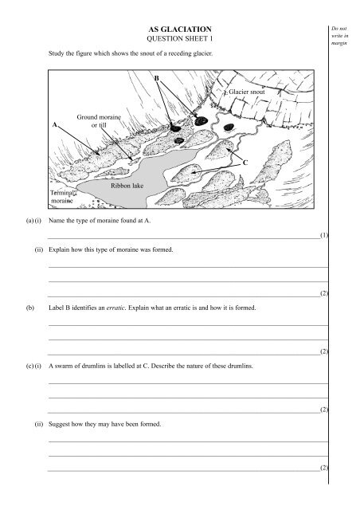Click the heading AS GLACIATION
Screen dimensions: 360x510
(180, 29)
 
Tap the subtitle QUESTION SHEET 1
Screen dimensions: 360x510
(180, 39)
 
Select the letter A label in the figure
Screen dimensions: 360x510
(55, 124)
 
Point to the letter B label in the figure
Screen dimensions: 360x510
(156, 78)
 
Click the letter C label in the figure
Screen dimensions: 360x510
(245, 163)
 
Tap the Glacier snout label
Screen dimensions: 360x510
(247, 92)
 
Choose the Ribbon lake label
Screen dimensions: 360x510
(127, 186)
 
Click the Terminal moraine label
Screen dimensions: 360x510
(62, 197)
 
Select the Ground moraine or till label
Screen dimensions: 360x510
(99, 121)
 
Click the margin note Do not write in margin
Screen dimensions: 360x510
(339, 36)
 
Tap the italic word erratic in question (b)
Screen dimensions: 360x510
(115, 308)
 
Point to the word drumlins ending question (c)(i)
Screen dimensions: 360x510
(240, 366)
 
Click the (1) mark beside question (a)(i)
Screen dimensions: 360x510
(324, 235)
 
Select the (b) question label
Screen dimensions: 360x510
(30, 308)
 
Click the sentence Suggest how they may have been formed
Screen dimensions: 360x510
(104, 424)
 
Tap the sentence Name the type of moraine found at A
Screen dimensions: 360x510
(100, 221)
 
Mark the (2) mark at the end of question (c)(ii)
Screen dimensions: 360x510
(324, 468)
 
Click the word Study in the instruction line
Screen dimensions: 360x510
(56, 53)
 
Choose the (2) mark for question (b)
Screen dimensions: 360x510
(324, 351)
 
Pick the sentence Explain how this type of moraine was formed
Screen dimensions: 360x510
(111, 249)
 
